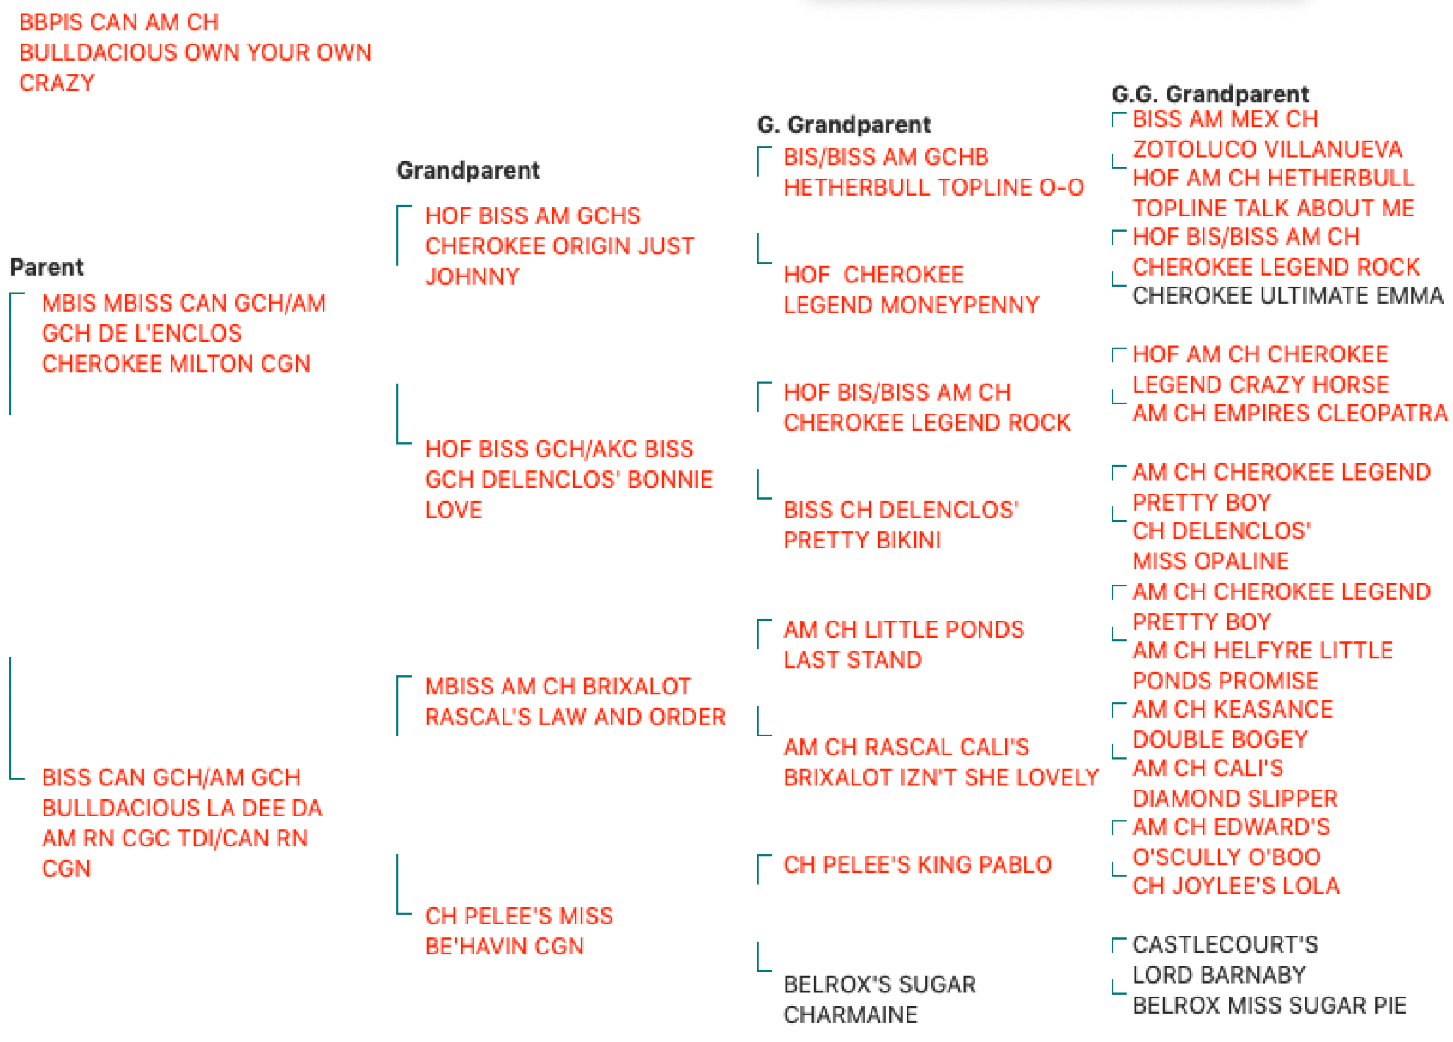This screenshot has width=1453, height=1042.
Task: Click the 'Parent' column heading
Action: [x=46, y=267]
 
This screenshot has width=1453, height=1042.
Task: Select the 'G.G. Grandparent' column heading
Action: [x=1209, y=94]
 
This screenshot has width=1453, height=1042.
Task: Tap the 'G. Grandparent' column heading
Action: [x=844, y=124]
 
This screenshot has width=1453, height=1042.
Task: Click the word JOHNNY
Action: [x=473, y=276]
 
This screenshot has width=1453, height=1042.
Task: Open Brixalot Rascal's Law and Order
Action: [x=576, y=701]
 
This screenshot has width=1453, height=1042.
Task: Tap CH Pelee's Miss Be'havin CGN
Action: [x=519, y=931]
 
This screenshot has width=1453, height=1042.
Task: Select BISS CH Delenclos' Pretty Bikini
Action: [x=901, y=525]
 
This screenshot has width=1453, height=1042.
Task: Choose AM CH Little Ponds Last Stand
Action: [x=903, y=645]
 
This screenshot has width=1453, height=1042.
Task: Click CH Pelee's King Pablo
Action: [x=917, y=865]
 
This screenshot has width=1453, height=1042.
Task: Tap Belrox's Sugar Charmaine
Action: [x=879, y=999]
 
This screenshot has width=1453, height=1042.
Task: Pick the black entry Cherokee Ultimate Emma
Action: [x=1287, y=296]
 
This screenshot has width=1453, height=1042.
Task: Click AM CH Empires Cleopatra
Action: [x=1289, y=414]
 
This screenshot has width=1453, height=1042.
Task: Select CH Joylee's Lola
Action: [x=1236, y=886]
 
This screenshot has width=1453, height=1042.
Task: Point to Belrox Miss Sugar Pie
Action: [x=1269, y=1006]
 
